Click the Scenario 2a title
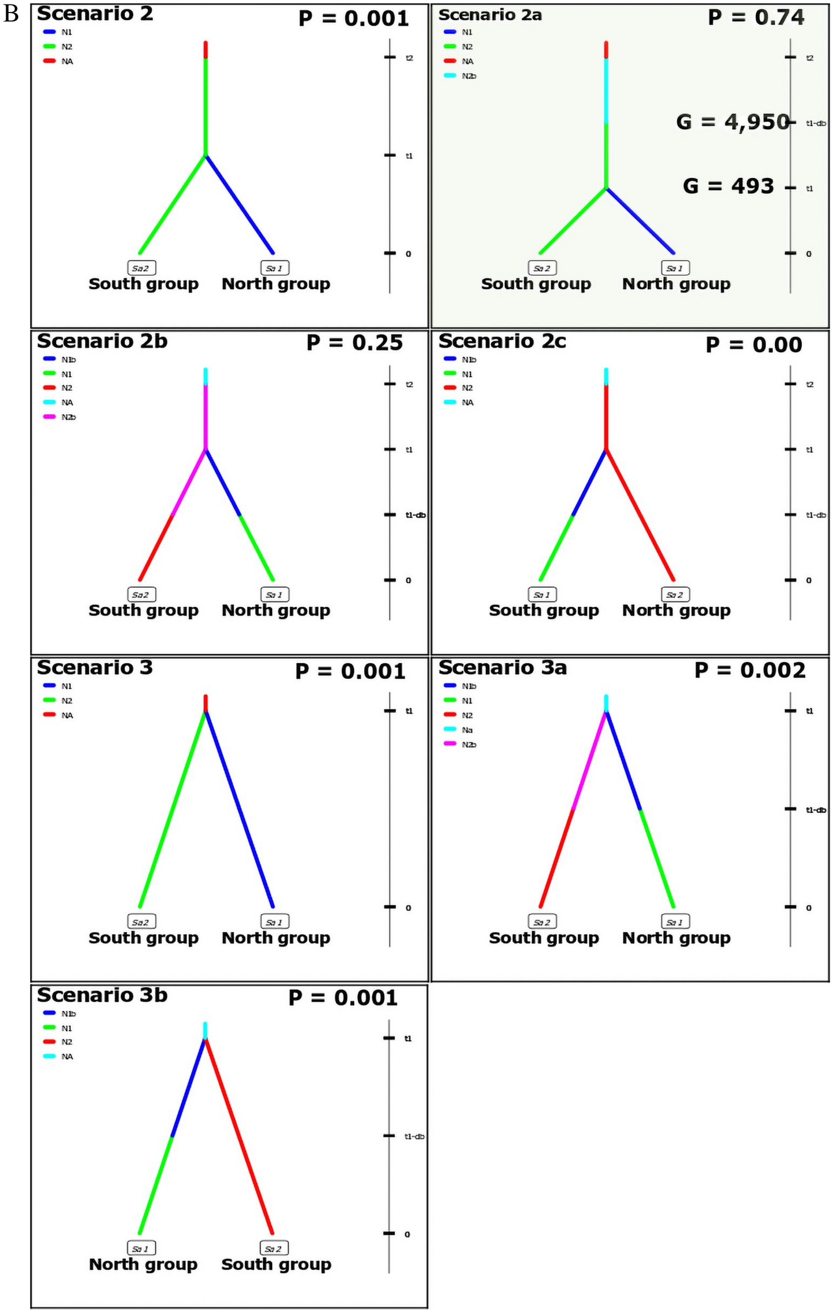tap(490, 15)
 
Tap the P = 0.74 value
tap(755, 18)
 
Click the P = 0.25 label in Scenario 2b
tap(354, 343)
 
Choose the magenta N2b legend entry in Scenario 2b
tap(61, 417)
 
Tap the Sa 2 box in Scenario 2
tap(141, 268)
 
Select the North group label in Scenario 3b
tap(143, 1264)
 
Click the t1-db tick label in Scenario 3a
tap(815, 810)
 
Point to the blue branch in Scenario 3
tap(239, 810)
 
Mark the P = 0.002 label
tap(749, 671)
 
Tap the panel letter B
tap(11, 14)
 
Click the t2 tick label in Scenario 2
tap(409, 58)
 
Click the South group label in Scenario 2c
tap(543, 611)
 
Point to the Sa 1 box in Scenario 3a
tap(675, 922)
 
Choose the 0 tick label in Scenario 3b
tap(407, 1234)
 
